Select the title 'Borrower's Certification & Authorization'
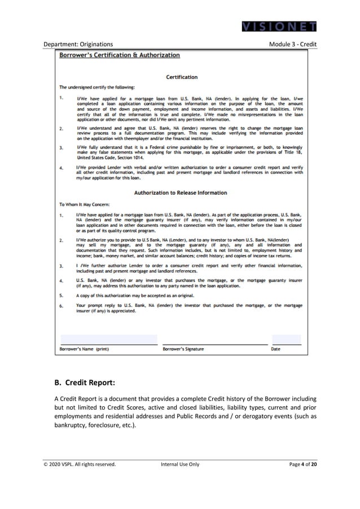[120, 55]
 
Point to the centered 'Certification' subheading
[182, 77]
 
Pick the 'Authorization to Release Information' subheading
[181, 192]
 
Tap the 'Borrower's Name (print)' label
[85, 349]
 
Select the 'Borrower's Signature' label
[183, 349]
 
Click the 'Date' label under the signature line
[275, 349]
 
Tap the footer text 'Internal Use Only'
[180, 464]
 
